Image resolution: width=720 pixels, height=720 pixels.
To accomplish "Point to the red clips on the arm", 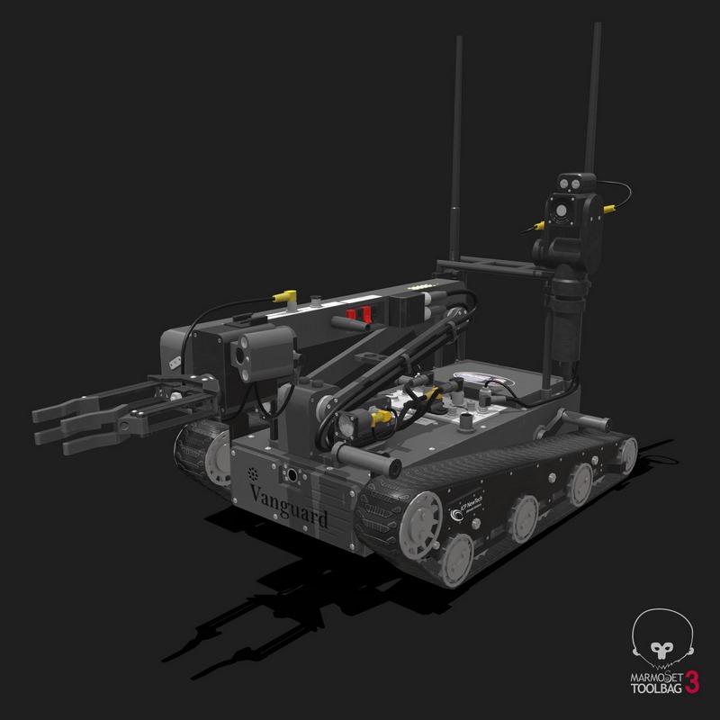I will (358, 315).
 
